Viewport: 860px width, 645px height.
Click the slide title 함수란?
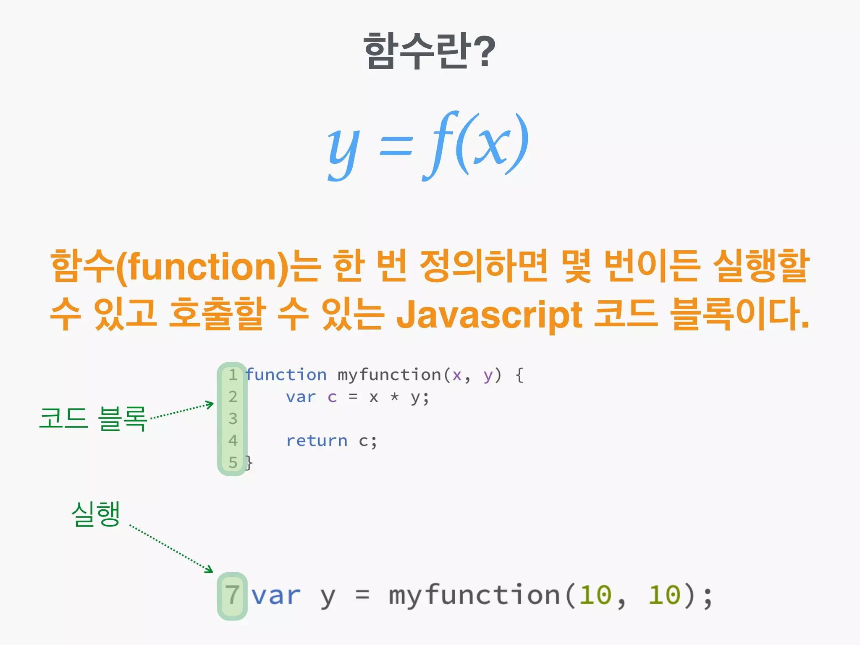(429, 51)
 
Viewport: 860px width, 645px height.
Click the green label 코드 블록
(93, 419)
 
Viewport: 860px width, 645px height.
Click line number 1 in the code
(233, 375)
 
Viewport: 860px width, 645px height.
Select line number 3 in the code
(233, 419)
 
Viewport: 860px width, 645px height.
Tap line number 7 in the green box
(232, 595)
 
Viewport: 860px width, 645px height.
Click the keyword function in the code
(286, 375)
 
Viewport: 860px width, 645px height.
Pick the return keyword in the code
(317, 441)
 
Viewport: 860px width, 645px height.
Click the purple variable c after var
(332, 397)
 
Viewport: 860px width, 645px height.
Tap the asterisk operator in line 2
(394, 397)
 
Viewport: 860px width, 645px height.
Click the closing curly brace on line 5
(249, 463)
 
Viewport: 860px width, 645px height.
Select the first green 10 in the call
(595, 595)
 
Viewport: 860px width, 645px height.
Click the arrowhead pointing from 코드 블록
(210, 404)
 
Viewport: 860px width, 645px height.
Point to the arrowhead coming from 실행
(209, 569)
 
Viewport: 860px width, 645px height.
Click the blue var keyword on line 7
(276, 595)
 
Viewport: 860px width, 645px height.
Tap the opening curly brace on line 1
(519, 375)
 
